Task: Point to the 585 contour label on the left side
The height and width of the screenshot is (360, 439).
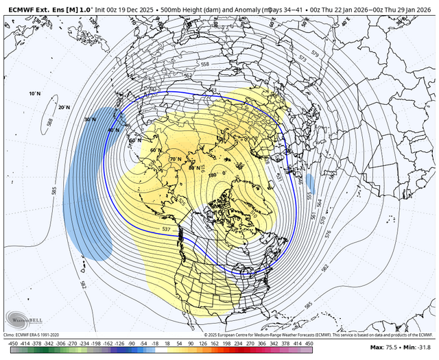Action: pyautogui.click(x=54, y=190)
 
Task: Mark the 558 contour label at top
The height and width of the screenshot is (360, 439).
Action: pyautogui.click(x=205, y=64)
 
